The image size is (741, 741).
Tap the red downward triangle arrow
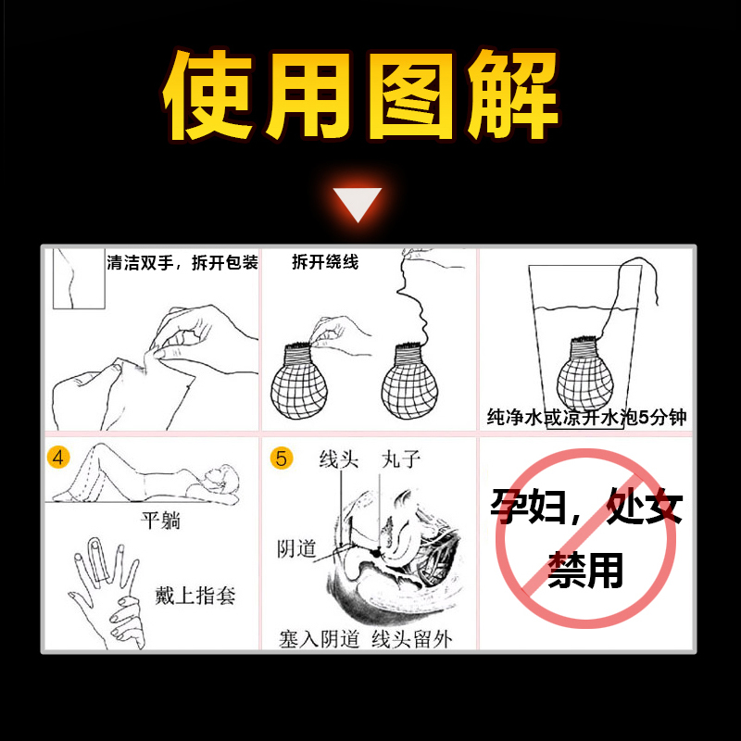[x=358, y=204]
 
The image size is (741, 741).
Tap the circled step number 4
[x=58, y=458]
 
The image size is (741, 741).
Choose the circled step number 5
[x=282, y=458]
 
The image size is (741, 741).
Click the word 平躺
[x=159, y=520]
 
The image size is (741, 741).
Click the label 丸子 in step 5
[x=401, y=459]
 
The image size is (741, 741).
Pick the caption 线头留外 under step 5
[x=411, y=639]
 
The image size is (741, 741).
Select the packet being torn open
[x=130, y=389]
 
